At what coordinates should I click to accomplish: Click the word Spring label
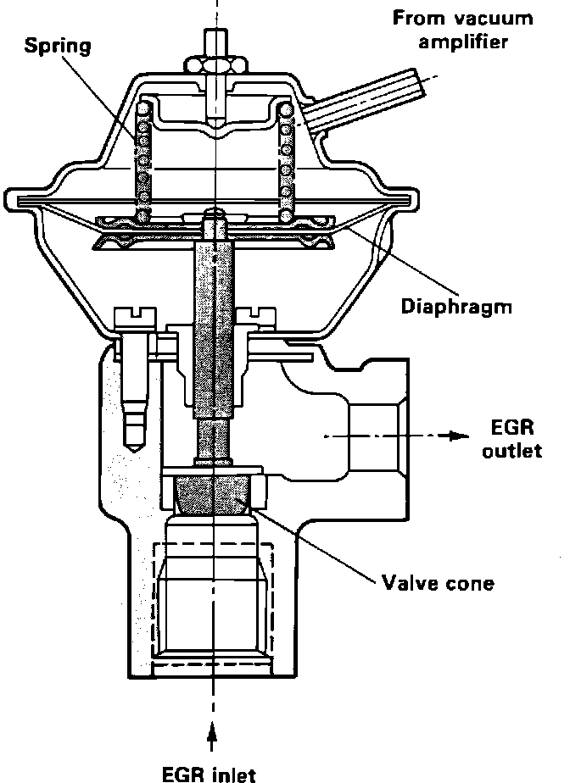(57, 45)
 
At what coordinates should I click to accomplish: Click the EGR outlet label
(511, 437)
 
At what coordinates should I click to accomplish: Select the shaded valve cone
(215, 493)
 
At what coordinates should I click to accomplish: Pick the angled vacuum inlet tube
(373, 102)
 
